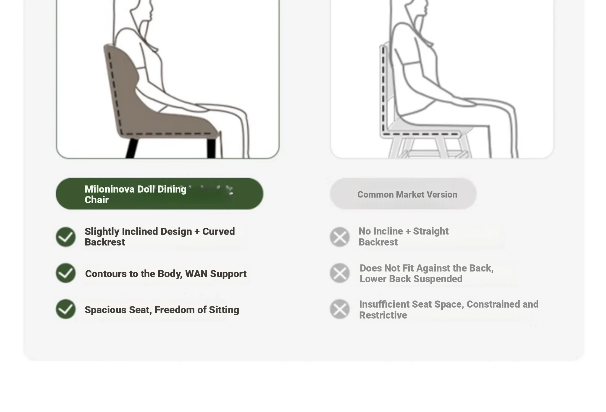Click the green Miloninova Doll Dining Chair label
tap(159, 194)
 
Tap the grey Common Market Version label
tap(403, 194)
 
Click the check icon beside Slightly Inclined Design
tap(66, 237)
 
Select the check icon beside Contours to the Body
tap(66, 273)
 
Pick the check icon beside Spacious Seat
tap(66, 309)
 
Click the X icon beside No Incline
tap(340, 237)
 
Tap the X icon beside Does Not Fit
tap(340, 273)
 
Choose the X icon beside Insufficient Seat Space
tap(340, 309)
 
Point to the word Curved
tap(218, 231)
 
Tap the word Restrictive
tap(383, 315)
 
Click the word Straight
tap(431, 231)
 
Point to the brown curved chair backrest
tap(118, 83)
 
